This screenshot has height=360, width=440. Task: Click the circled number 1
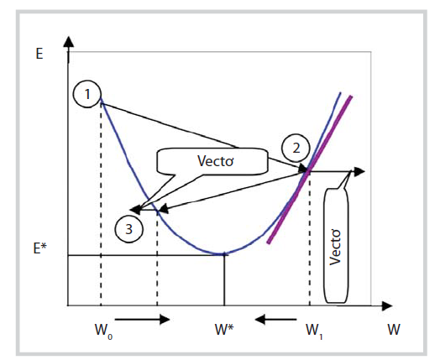pyautogui.click(x=87, y=95)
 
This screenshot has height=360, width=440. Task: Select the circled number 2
pyautogui.click(x=296, y=148)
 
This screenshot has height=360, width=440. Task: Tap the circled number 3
pyautogui.click(x=128, y=229)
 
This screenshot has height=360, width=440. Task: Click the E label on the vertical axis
pyautogui.click(x=39, y=53)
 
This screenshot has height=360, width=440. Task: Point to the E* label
pyautogui.click(x=40, y=248)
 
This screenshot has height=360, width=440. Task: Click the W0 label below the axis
pyautogui.click(x=103, y=331)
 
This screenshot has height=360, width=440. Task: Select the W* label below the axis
pyautogui.click(x=224, y=329)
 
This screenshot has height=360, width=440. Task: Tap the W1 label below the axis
pyautogui.click(x=314, y=331)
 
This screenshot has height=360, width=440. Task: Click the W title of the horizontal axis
pyautogui.click(x=394, y=329)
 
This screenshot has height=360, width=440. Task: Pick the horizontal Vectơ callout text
pyautogui.click(x=216, y=161)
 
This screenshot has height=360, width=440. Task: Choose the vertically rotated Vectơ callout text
pyautogui.click(x=335, y=247)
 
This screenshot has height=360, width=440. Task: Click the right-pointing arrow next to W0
pyautogui.click(x=143, y=319)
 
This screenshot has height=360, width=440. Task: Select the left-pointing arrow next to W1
pyautogui.click(x=276, y=319)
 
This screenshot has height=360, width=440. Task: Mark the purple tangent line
pyautogui.click(x=310, y=170)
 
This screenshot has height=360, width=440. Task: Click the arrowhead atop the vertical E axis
pyautogui.click(x=69, y=41)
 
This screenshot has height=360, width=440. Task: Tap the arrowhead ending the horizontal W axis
pyautogui.click(x=387, y=306)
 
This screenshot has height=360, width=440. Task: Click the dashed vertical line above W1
pyautogui.click(x=310, y=239)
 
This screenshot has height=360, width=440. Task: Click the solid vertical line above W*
pyautogui.click(x=224, y=280)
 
